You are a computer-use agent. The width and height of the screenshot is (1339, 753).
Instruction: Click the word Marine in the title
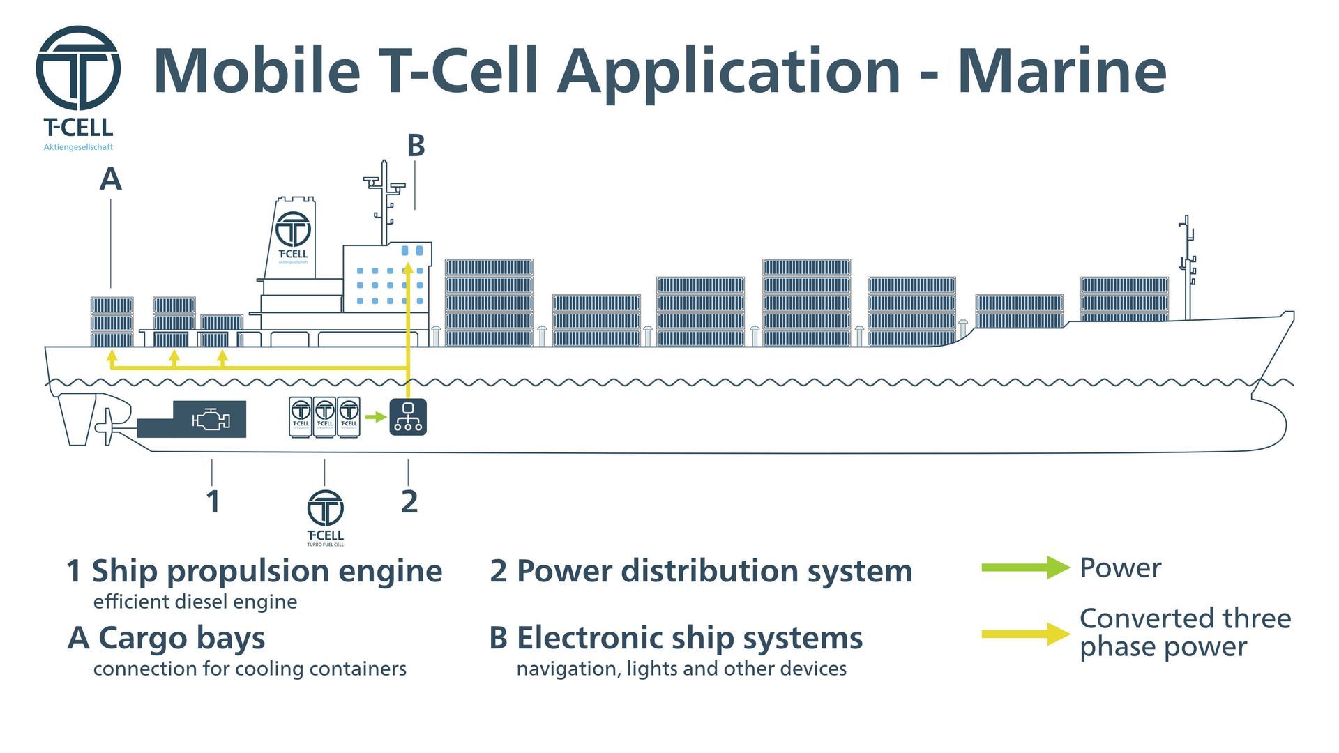pos(1061,71)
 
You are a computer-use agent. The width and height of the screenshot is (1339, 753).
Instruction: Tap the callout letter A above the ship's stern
pos(110,179)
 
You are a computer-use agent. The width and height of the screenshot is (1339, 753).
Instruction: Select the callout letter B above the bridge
pos(416,146)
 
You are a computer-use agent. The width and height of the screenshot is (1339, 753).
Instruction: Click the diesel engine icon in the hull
pos(210,420)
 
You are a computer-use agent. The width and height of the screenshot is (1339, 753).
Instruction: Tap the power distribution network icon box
pos(408,417)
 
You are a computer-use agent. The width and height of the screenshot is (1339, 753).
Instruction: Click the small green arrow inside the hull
pos(376,417)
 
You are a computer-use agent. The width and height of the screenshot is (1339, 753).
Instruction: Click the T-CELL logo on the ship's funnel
pos(293,234)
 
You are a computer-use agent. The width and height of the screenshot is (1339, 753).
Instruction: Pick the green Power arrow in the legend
pos(1025,568)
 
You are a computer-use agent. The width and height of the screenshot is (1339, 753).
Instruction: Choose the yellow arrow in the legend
pos(1025,633)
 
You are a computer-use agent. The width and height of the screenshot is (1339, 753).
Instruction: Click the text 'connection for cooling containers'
pos(250,669)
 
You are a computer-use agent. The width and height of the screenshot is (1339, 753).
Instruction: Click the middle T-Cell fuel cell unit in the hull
pos(324,417)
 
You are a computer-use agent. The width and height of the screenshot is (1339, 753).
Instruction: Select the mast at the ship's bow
pos(1187,265)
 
